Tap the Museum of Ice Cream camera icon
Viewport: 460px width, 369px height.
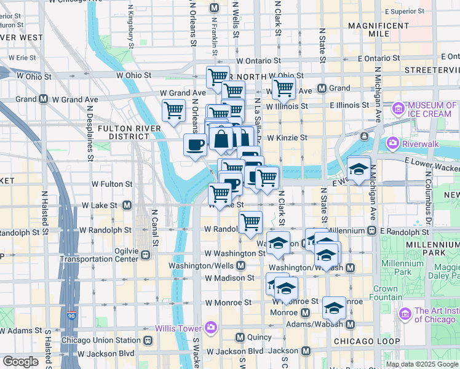pyautogui.click(x=399, y=109)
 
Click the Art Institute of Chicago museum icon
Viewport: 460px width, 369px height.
pyautogui.click(x=405, y=314)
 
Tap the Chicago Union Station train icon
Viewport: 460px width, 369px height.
pyautogui.click(x=148, y=340)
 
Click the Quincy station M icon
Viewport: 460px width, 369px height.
pyautogui.click(x=241, y=337)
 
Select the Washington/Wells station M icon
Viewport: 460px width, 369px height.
pyautogui.click(x=240, y=266)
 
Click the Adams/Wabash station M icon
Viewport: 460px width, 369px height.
pyautogui.click(x=351, y=324)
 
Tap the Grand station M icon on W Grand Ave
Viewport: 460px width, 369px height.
pyautogui.click(x=44, y=99)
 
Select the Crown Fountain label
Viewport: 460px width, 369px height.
pyautogui.click(x=386, y=293)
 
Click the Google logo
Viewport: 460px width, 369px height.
pyautogui.click(x=20, y=361)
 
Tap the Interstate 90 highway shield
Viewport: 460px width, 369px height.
pyautogui.click(x=72, y=316)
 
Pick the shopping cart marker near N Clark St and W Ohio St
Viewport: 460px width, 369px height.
pyautogui.click(x=284, y=89)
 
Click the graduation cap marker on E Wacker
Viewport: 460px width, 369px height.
pyautogui.click(x=359, y=168)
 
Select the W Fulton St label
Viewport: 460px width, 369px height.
pyautogui.click(x=112, y=184)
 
